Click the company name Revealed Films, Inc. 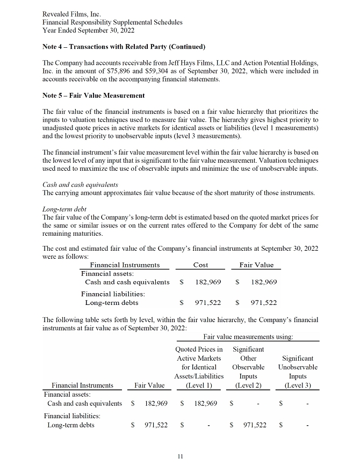pyautogui.click(x=71, y=13)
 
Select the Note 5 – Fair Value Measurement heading pyautogui.click(x=93, y=96)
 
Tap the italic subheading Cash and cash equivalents pyautogui.click(x=80, y=185)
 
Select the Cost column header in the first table pyautogui.click(x=200, y=265)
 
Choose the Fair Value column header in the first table pyautogui.click(x=256, y=265)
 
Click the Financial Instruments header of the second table pyautogui.click(x=82, y=385)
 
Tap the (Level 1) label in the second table pyautogui.click(x=199, y=385)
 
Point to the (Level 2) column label pyautogui.click(x=248, y=385)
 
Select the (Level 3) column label pyautogui.click(x=298, y=385)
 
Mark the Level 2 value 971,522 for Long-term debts pyautogui.click(x=254, y=425)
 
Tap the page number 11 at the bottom pyautogui.click(x=180, y=456)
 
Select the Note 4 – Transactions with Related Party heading pyautogui.click(x=124, y=47)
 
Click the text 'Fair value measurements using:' pyautogui.click(x=249, y=337)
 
